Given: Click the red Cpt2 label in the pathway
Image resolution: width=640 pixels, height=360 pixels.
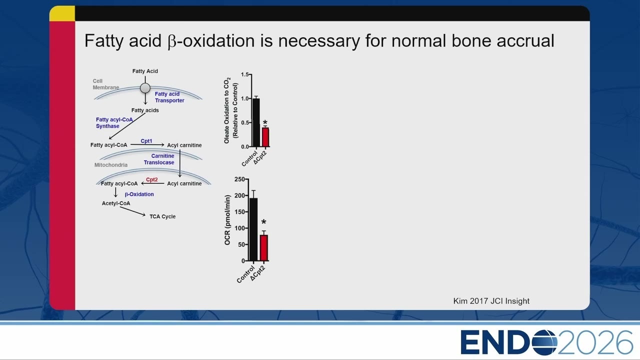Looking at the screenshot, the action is [151, 179].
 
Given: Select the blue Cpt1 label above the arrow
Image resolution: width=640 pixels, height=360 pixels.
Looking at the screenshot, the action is [146, 141].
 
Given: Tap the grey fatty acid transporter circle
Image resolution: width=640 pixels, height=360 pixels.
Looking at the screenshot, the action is [145, 88].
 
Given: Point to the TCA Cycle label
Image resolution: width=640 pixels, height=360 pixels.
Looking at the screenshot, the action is [162, 216].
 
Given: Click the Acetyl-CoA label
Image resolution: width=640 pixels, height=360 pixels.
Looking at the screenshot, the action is [116, 203].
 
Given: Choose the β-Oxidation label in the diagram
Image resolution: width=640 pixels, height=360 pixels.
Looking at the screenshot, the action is [139, 194].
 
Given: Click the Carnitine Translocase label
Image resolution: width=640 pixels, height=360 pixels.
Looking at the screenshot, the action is [159, 159].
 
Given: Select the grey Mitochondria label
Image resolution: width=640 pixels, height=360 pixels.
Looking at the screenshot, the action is [111, 165].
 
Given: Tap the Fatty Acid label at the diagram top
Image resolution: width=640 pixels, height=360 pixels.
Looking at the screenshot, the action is [145, 71].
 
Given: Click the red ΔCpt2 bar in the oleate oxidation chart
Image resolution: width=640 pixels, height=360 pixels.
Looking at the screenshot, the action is [265, 137].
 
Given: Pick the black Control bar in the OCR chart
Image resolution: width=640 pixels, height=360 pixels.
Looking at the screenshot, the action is [253, 229].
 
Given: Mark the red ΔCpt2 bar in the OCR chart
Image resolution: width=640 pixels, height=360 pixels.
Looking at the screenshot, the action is [263, 248].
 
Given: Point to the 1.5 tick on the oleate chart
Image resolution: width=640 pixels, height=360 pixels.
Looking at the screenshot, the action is [244, 74].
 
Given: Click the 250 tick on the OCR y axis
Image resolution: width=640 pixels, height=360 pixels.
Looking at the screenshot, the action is [239, 179].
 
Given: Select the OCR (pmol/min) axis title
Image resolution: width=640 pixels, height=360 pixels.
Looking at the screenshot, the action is [227, 220].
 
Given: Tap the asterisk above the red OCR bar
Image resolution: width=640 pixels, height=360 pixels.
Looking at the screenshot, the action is [263, 222].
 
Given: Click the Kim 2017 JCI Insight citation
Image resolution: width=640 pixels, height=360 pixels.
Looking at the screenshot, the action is [491, 301].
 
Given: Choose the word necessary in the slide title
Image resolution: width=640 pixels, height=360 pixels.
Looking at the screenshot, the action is [319, 40].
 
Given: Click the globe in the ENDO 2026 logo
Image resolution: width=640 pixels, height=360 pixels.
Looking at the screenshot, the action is [544, 342].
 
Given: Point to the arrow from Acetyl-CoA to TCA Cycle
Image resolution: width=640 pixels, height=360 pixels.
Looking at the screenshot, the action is [132, 211].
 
